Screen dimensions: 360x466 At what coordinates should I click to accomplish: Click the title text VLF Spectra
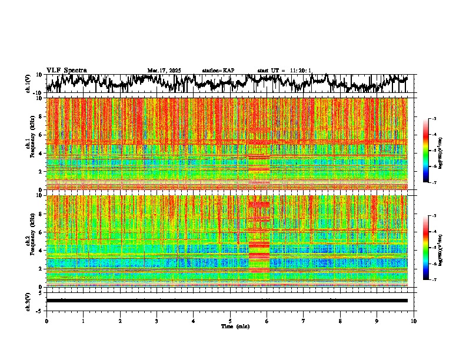[66, 70]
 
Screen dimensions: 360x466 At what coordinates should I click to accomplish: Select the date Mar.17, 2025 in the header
[164, 71]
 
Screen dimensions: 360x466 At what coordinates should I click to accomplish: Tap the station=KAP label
[218, 71]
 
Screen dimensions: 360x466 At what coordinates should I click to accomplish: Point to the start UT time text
[284, 71]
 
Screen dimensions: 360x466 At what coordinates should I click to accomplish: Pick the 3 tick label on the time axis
[157, 321]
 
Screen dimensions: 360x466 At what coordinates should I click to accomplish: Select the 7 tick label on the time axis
[303, 321]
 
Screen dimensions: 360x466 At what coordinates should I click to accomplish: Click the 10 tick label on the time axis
[414, 321]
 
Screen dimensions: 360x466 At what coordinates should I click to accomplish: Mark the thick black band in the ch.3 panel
[227, 301]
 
